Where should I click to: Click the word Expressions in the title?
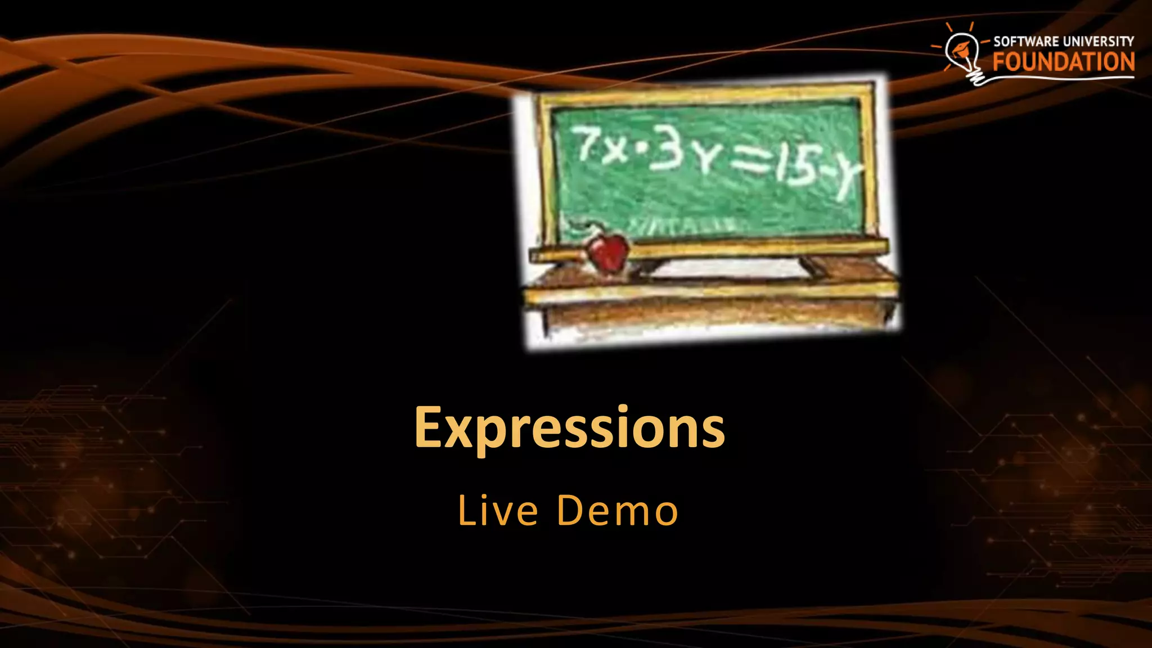click(569, 429)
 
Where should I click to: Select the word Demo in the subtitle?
click(618, 511)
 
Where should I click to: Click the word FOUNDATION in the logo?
click(1063, 62)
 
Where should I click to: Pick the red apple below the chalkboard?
click(607, 253)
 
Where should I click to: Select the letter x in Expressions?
click(459, 433)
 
